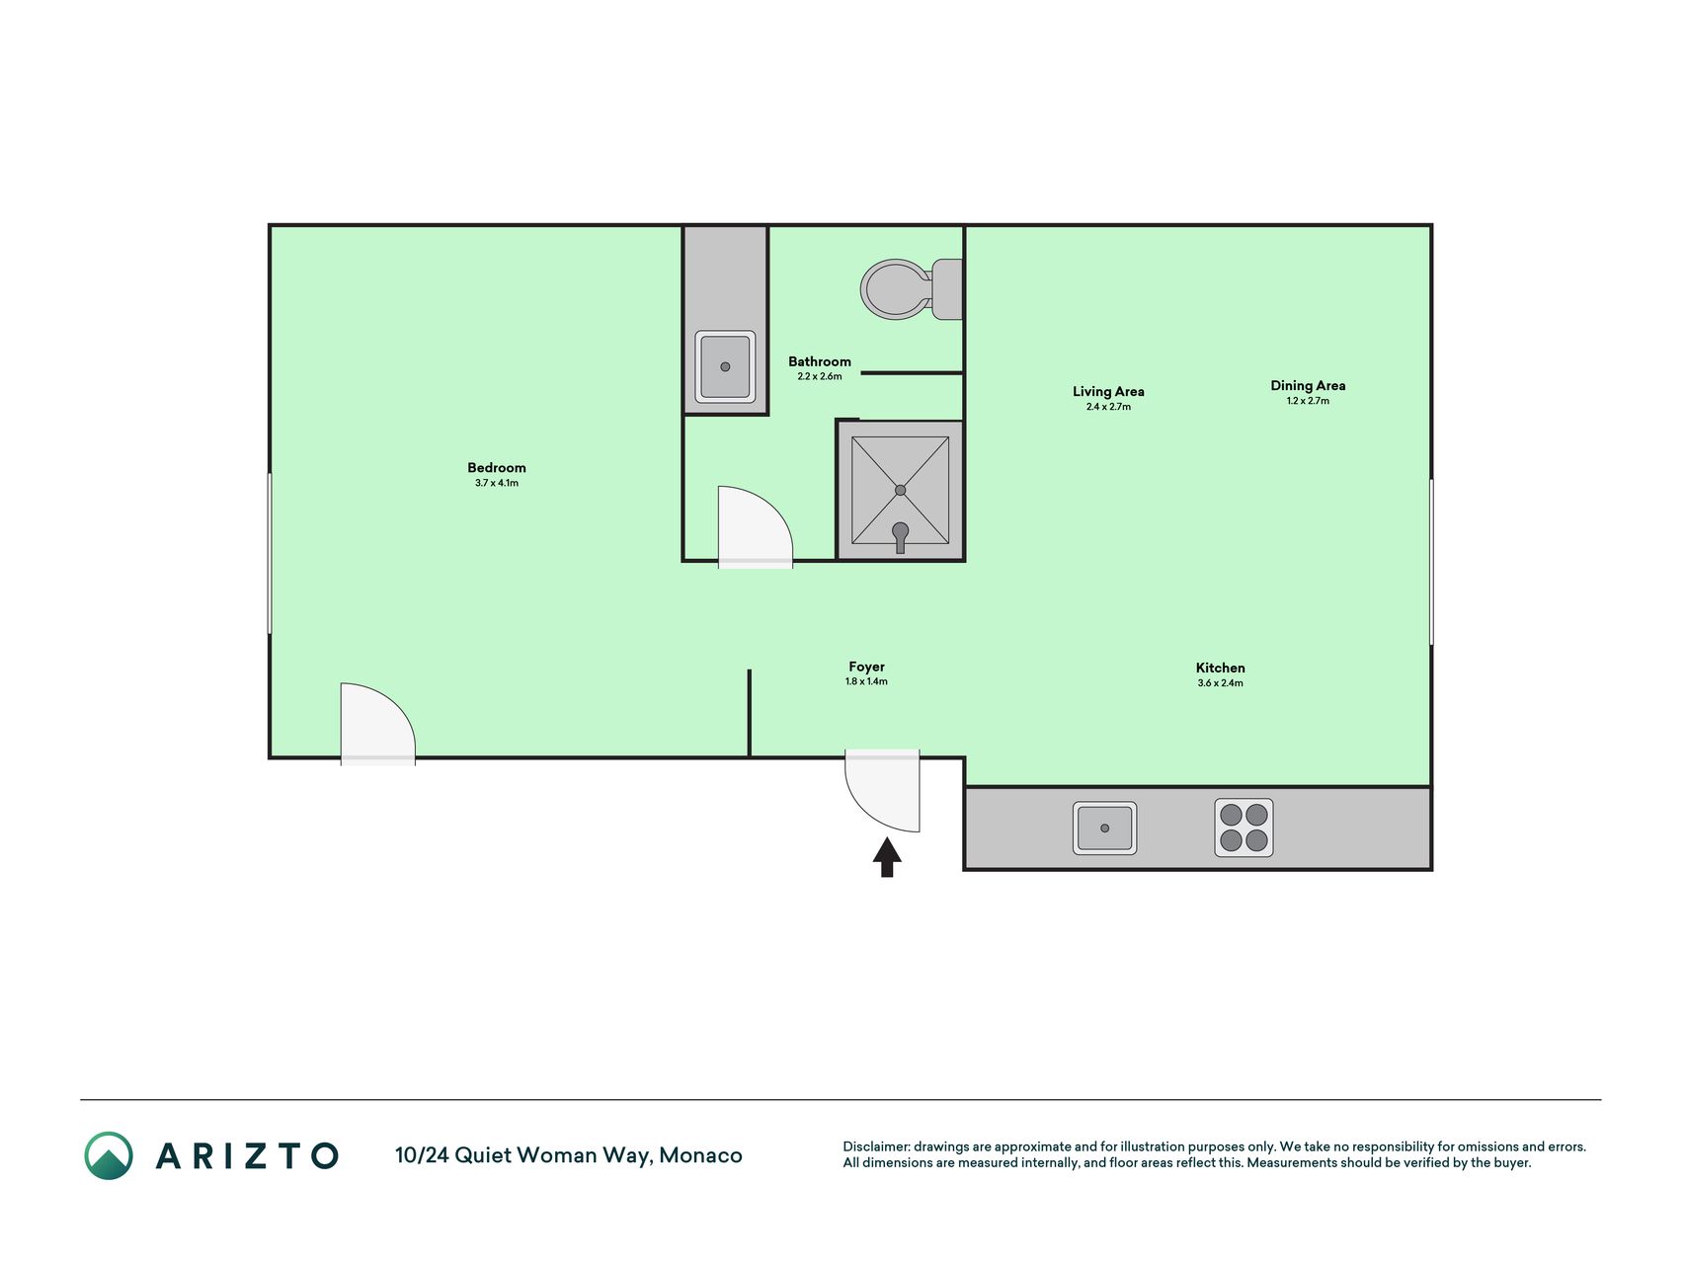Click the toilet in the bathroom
912,289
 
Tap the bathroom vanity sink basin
725,366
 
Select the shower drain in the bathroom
900,490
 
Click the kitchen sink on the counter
1104,828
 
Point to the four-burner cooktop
1244,828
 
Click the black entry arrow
887,857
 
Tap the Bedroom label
497,468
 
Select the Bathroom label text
820,361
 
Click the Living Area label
1108,391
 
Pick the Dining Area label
1308,385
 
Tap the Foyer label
866,667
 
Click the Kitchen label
1220,668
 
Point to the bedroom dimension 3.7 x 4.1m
497,483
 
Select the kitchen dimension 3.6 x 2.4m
1220,683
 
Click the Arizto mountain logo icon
109,1155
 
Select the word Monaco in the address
700,1155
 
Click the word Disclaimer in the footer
875,1146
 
